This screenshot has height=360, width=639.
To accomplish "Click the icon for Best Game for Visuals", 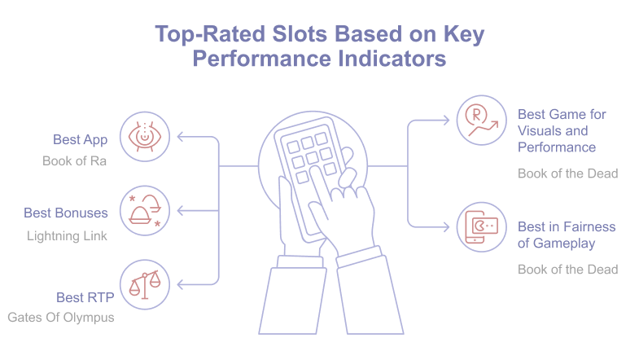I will (479, 120).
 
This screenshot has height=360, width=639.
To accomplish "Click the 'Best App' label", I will (80, 140).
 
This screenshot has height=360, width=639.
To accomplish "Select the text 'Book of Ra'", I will (75, 160).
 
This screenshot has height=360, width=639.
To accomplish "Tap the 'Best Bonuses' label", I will (65, 213).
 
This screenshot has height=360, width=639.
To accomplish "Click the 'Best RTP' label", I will (81, 297).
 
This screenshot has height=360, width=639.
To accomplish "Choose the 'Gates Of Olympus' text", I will (61, 318).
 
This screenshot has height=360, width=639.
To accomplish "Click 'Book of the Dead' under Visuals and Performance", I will (568, 173).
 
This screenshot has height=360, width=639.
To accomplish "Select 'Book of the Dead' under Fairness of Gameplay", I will (568, 269).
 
